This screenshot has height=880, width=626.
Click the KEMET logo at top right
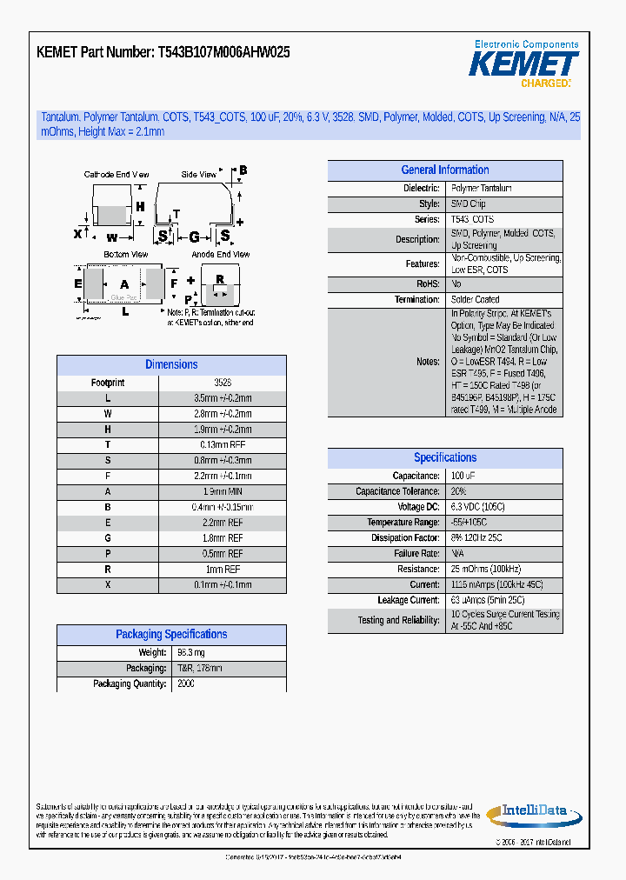pos(523,64)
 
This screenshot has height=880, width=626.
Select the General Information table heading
pos(444,170)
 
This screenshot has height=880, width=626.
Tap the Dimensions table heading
pos(171,365)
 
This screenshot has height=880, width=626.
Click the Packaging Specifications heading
pos(171,635)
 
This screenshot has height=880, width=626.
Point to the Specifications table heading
pos(444,458)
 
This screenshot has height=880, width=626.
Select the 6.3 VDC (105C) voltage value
pos(477,507)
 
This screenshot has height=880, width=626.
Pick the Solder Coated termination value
pos(475,299)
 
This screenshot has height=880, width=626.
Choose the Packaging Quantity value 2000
pos(185,684)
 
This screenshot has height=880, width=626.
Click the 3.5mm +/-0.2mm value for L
pos(222,398)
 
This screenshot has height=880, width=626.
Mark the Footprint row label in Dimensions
pos(108,383)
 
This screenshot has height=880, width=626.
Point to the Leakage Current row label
pos(409,601)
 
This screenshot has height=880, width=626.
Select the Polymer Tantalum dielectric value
pos(482,189)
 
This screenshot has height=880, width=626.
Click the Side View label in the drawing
pos(199,175)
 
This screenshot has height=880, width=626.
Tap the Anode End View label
pos(220,255)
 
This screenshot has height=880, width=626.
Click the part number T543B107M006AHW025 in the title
pos(223,52)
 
